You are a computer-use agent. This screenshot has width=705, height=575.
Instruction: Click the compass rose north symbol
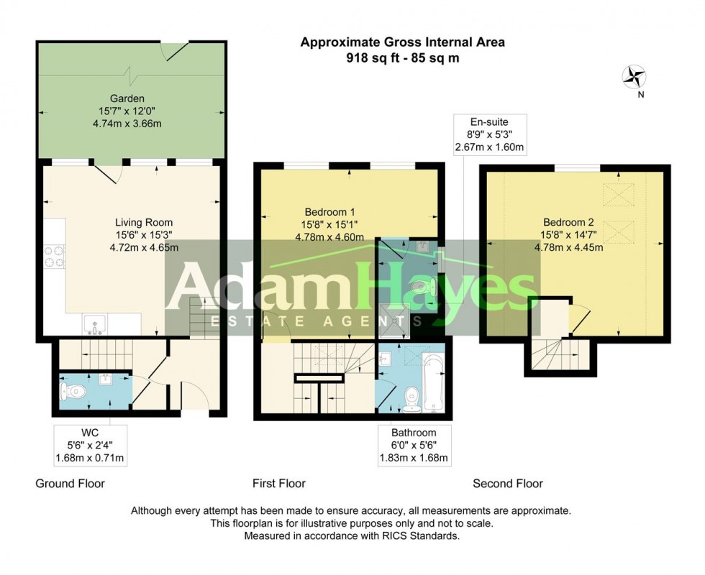(634, 75)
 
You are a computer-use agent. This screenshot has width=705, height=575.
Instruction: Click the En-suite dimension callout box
(489, 134)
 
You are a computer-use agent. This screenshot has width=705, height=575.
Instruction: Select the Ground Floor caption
(70, 484)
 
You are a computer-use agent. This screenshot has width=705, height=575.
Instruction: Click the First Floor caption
(279, 484)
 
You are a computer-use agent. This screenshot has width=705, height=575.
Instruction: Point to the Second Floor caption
(508, 484)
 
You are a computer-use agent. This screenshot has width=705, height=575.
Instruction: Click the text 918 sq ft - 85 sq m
(402, 59)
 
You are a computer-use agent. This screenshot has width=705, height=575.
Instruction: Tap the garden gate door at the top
(176, 50)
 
